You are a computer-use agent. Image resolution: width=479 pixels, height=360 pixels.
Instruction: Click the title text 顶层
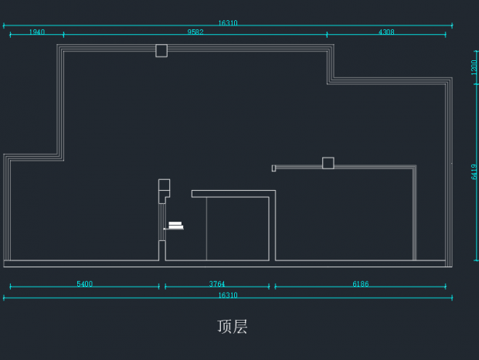click(x=233, y=327)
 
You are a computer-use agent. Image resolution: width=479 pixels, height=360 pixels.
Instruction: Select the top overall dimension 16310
click(x=228, y=23)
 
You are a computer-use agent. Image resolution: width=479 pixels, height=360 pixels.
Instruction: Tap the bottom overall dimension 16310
click(x=228, y=295)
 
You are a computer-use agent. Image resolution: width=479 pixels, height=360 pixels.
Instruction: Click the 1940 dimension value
click(x=37, y=32)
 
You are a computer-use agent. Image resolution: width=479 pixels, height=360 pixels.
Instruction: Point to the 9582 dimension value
click(x=195, y=32)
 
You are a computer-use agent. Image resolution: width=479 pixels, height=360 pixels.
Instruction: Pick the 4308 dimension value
click(x=386, y=32)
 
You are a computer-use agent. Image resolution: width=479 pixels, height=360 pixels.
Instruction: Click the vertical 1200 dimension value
click(x=474, y=67)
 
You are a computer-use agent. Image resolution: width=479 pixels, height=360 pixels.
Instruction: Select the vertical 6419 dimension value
click(x=474, y=172)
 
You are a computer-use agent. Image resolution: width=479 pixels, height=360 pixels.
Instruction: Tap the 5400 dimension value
click(x=84, y=284)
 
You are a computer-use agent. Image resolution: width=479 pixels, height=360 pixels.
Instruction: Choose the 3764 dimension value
click(x=217, y=284)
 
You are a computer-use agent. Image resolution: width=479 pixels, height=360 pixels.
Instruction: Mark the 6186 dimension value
click(x=361, y=284)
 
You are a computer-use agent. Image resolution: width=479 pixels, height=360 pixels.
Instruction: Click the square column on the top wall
click(x=161, y=51)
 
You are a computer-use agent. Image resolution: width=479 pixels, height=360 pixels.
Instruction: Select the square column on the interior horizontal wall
click(x=328, y=163)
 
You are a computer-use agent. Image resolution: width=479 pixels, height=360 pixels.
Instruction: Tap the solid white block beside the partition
click(x=175, y=226)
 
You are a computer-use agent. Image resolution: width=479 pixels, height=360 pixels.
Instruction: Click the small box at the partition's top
click(x=164, y=185)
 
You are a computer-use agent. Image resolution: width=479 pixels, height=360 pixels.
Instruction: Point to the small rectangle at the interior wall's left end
click(x=273, y=168)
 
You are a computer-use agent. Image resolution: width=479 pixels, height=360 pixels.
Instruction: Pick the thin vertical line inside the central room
click(x=206, y=229)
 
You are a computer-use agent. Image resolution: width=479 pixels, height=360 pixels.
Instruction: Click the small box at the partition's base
click(x=162, y=251)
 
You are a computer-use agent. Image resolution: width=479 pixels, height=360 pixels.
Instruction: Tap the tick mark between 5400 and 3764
click(x=159, y=287)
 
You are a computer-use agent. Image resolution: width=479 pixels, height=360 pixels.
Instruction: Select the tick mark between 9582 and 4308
click(x=327, y=34)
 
